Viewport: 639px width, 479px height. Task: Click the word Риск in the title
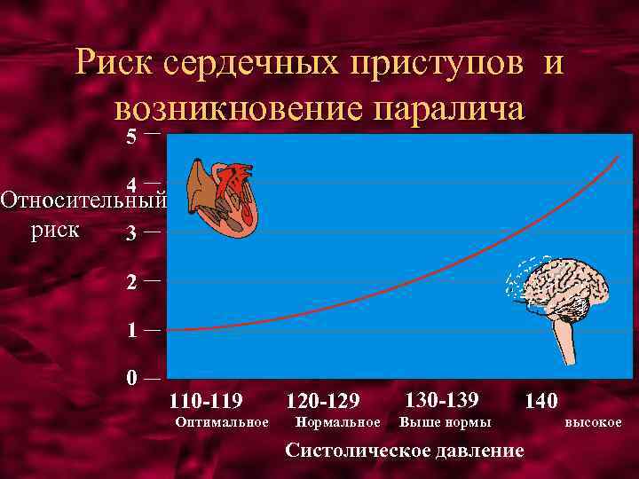click(112, 65)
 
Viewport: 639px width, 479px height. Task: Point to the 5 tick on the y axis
click(131, 137)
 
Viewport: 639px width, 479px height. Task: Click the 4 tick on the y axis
click(131, 185)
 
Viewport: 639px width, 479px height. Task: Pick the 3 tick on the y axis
click(131, 234)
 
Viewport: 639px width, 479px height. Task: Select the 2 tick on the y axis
click(131, 283)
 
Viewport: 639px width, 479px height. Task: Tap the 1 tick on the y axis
click(131, 331)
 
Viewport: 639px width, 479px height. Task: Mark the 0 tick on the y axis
click(131, 379)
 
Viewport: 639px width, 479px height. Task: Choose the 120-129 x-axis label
click(321, 401)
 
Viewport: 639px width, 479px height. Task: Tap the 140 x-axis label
click(541, 401)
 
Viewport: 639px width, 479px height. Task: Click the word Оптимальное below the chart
click(223, 422)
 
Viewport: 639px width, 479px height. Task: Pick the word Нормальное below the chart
click(338, 422)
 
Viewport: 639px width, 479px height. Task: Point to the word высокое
click(594, 422)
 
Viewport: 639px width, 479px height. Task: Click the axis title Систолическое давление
click(405, 451)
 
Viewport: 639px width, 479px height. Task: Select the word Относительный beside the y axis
click(83, 200)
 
